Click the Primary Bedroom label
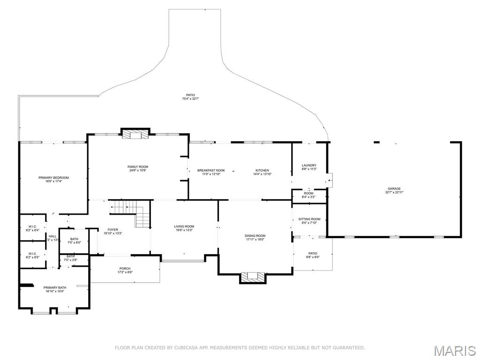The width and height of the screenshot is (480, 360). point(53,178)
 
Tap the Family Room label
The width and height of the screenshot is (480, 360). point(138,167)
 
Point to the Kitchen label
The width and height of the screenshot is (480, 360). point(262,171)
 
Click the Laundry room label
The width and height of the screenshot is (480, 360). point(309,165)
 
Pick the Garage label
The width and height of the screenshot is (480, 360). point(394,189)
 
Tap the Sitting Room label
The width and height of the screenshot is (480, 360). point(309,219)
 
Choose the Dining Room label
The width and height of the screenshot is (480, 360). point(255,236)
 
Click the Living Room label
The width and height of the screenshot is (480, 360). point(184,226)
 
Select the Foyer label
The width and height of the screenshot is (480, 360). point(112,230)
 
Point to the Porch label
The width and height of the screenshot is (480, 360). point(125,269)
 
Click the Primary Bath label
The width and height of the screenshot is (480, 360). point(55,287)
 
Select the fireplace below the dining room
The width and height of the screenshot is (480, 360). point(253,277)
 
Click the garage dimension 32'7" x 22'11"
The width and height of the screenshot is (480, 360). point(394,193)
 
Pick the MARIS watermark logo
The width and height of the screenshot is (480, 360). point(454,350)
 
